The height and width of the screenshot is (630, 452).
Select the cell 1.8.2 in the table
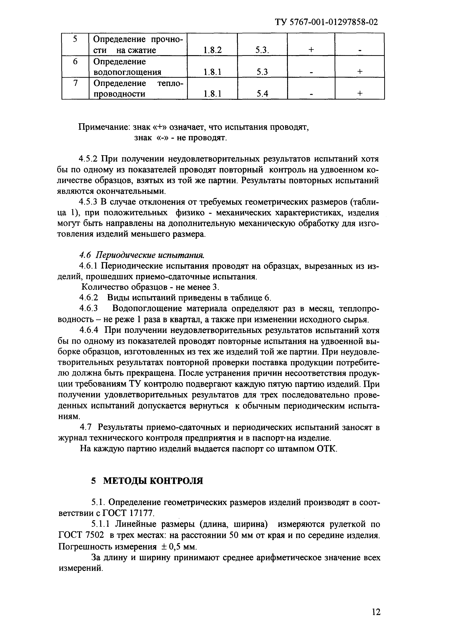212,50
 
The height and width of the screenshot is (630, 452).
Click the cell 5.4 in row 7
262,94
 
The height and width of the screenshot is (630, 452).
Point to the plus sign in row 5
311,50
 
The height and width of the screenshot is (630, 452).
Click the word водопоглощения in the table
127,72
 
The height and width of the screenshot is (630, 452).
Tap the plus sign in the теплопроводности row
360,94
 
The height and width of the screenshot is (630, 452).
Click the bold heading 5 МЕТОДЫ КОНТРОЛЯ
147,481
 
